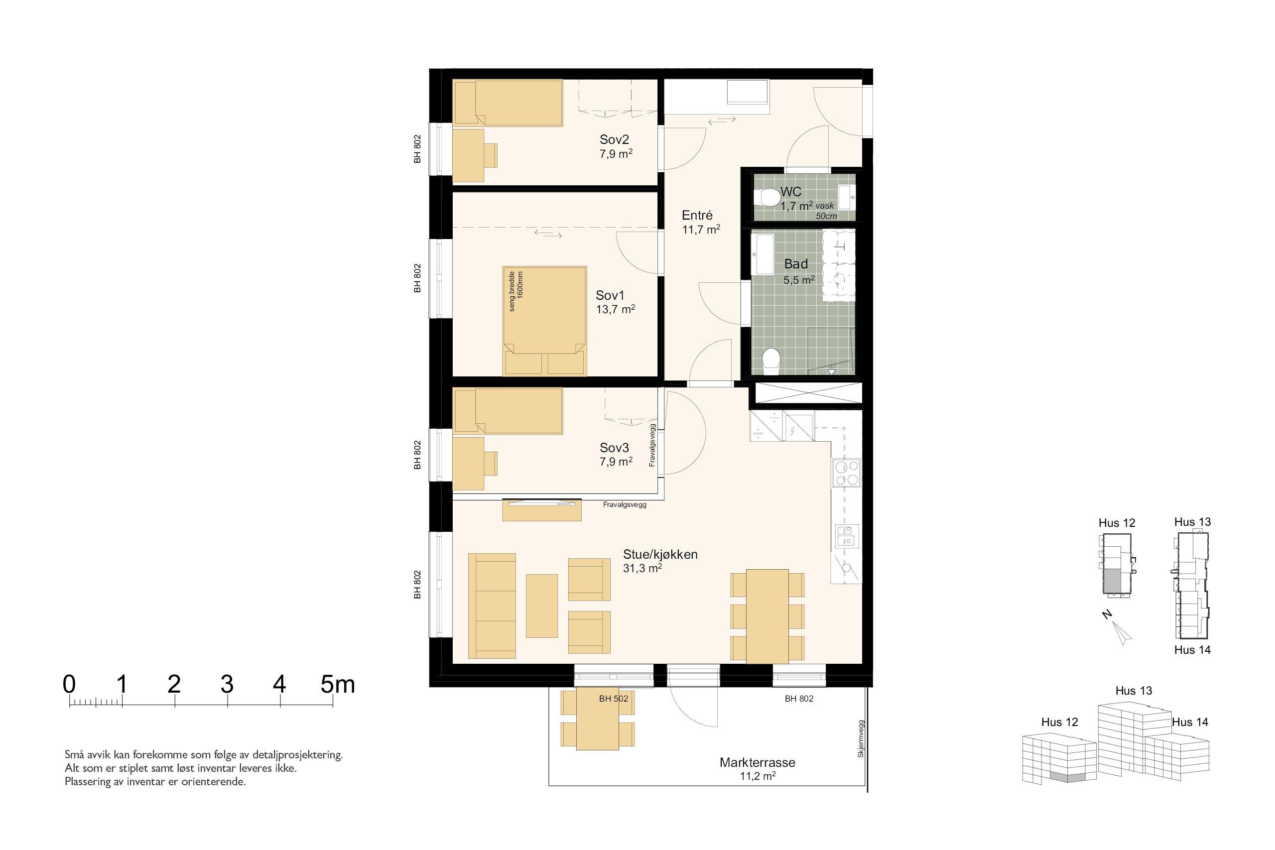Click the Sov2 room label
point(614,139)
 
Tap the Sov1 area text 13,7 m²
point(615,310)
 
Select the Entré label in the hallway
point(697,216)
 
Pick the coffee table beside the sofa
point(541,606)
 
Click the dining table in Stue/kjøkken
point(767,616)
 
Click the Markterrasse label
point(758,762)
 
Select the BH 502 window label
point(614,699)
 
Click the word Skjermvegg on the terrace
point(860,738)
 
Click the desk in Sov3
point(468,464)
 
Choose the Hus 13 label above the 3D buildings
point(1134,691)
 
